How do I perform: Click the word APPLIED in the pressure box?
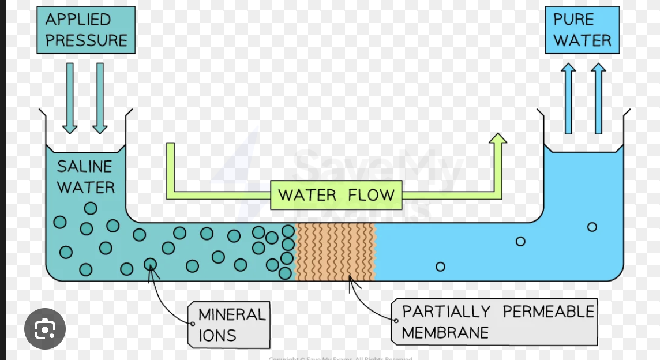78,19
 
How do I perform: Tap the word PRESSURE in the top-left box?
86,40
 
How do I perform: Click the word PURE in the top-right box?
573,19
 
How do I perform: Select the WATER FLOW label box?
336,195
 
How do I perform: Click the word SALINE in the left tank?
84,167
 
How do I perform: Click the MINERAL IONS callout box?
230,325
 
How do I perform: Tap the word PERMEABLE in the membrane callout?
548,312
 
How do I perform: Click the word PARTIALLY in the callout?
445,312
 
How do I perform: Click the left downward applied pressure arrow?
70,98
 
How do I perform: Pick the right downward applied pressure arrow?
100,98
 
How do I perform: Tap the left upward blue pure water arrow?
568,98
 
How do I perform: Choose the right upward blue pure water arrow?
598,98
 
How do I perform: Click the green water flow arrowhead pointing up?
497,140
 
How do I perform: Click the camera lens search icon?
45,329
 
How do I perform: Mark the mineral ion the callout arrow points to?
150,264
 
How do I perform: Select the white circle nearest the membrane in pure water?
440,267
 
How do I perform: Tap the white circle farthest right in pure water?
592,227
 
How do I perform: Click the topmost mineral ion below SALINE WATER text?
91,208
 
